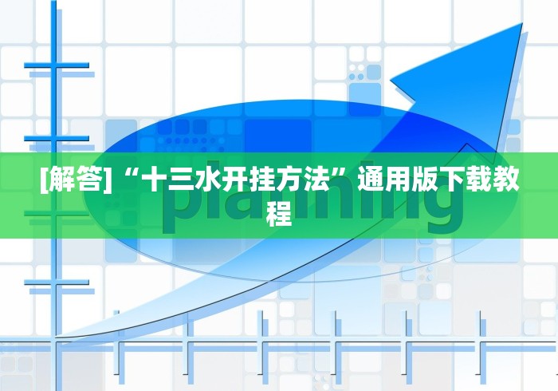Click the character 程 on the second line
[279, 213]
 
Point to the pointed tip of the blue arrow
[522, 24]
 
